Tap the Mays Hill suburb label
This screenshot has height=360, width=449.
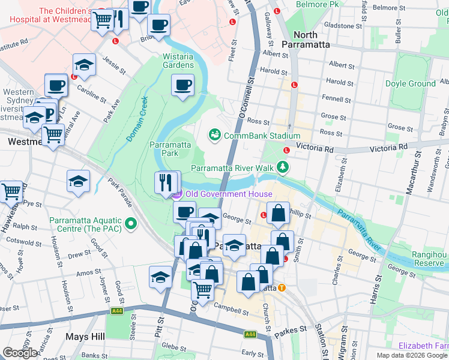[x=85, y=337]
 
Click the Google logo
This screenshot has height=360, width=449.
[x=20, y=353]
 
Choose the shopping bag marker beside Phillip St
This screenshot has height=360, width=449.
[x=279, y=213]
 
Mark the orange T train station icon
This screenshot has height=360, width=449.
[x=281, y=287]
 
